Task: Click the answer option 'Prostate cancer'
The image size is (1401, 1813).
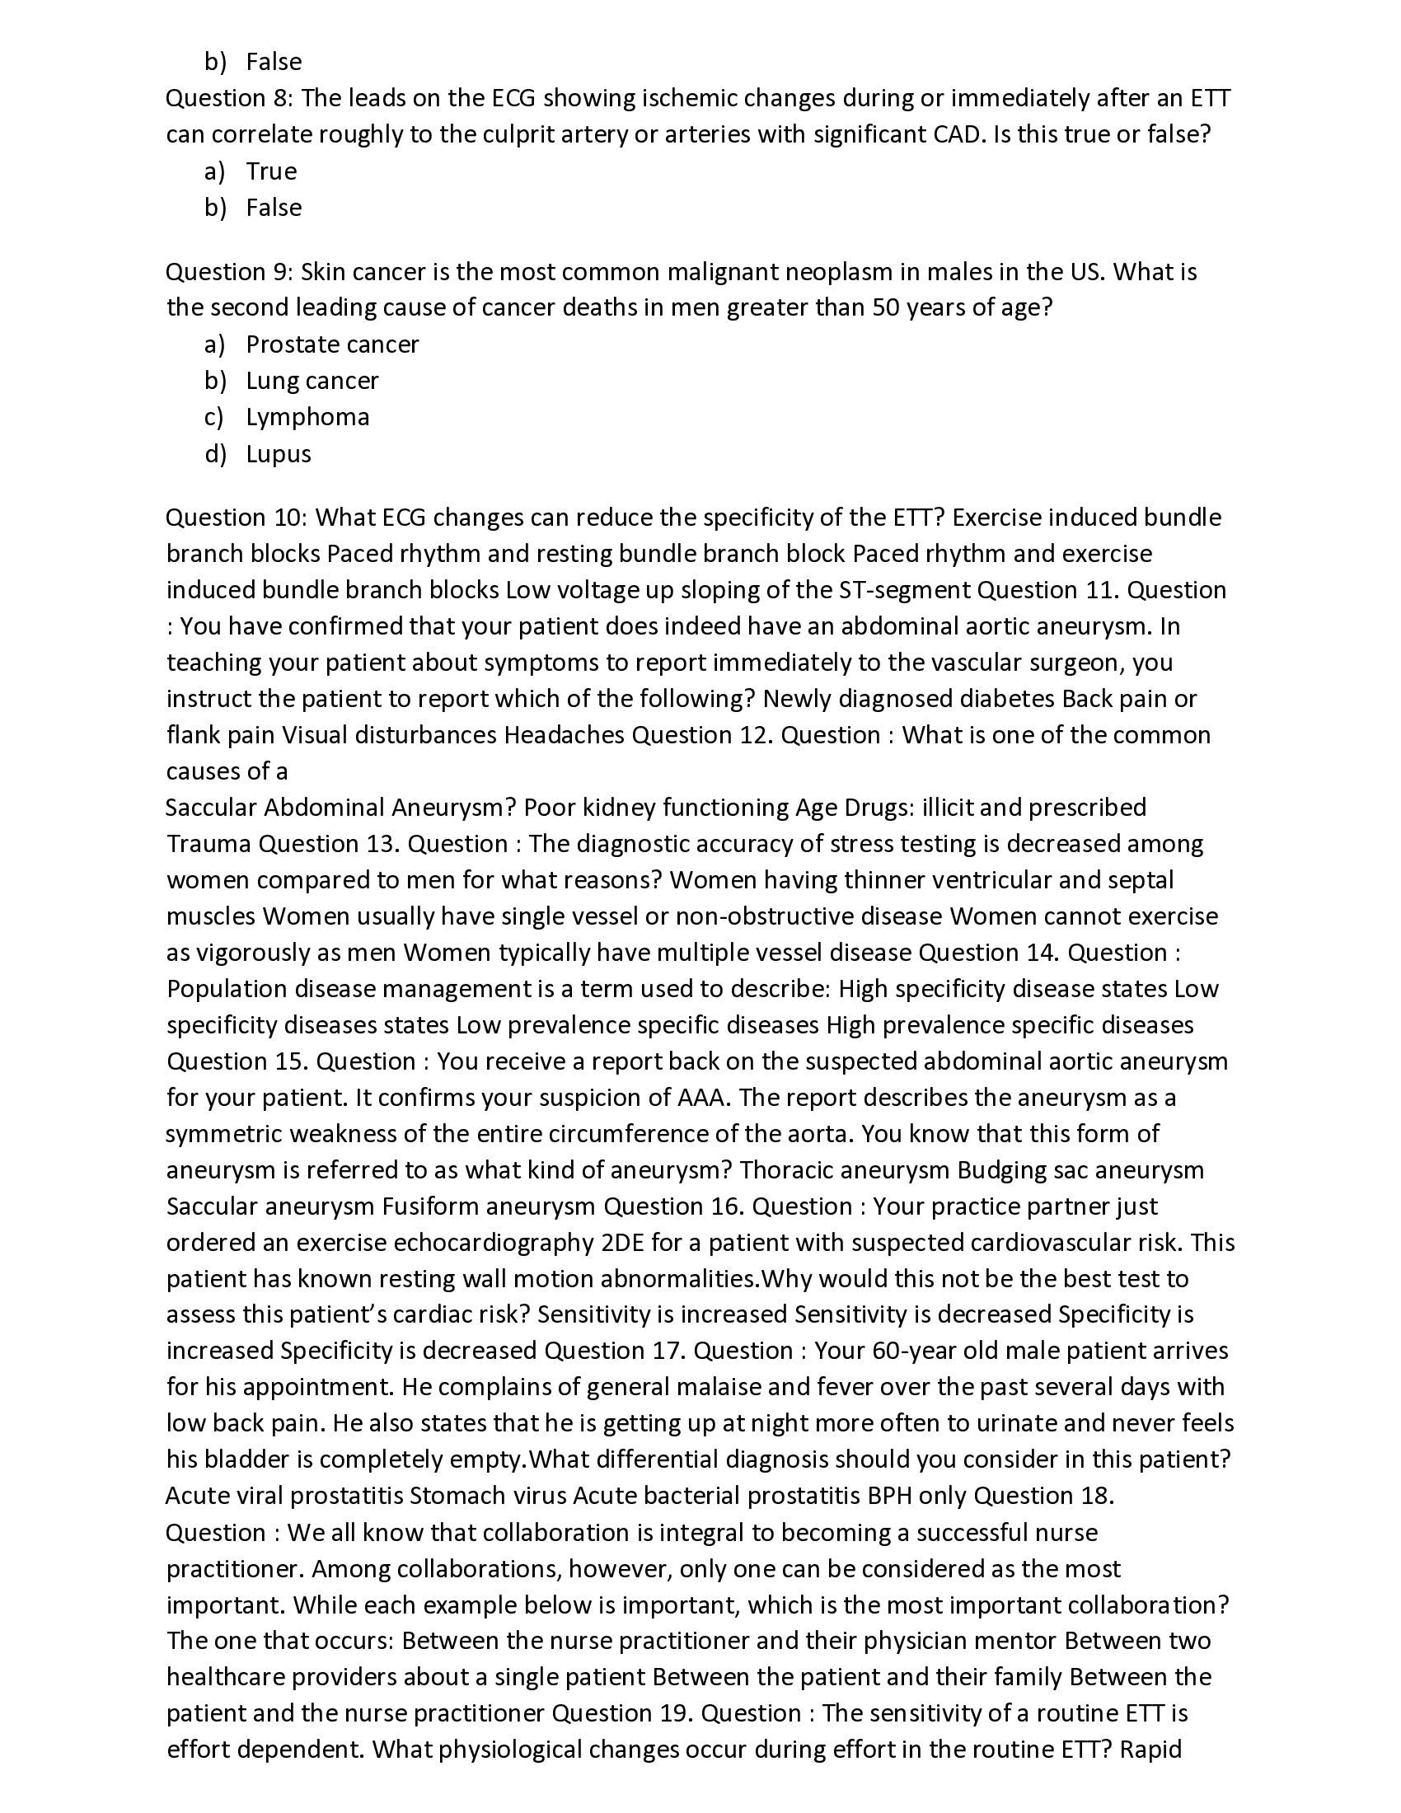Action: (332, 344)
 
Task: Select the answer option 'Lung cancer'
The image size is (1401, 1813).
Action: (312, 381)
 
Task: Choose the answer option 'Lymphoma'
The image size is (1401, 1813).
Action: (307, 417)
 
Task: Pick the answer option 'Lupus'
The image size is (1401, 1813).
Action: (278, 454)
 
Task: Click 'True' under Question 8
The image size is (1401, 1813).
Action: (271, 171)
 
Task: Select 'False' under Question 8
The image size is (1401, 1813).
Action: (274, 208)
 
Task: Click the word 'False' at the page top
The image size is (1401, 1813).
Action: (274, 63)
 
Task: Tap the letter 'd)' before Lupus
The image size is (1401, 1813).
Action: (215, 454)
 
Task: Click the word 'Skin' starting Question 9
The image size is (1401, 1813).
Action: (323, 272)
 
